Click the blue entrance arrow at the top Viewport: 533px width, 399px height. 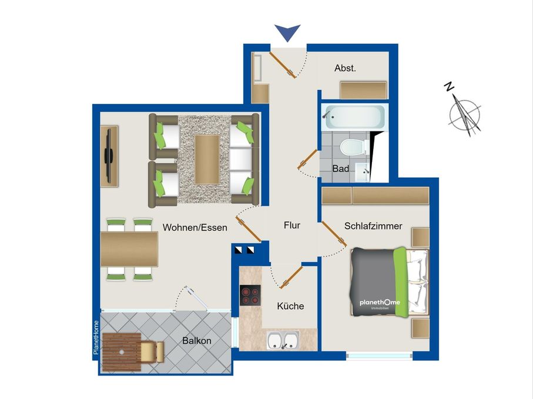(x=287, y=33)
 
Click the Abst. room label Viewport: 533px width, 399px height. (x=345, y=68)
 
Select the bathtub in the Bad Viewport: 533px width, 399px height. (x=354, y=117)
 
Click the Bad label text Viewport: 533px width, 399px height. (x=341, y=168)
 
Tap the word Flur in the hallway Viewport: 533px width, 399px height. (x=291, y=225)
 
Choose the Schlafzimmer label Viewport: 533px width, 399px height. (x=373, y=225)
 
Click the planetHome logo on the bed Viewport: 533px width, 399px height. (x=380, y=302)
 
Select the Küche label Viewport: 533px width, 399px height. (x=290, y=306)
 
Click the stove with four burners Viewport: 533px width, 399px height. (x=250, y=295)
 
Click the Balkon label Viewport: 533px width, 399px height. (x=196, y=340)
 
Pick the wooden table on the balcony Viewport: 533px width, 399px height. (x=121, y=353)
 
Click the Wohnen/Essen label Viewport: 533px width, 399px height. (x=195, y=228)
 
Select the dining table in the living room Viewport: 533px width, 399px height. (x=129, y=249)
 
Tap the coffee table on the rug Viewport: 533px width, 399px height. (x=207, y=158)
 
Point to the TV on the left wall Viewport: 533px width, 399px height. (x=108, y=155)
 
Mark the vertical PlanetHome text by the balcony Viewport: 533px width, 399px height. (x=96, y=337)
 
